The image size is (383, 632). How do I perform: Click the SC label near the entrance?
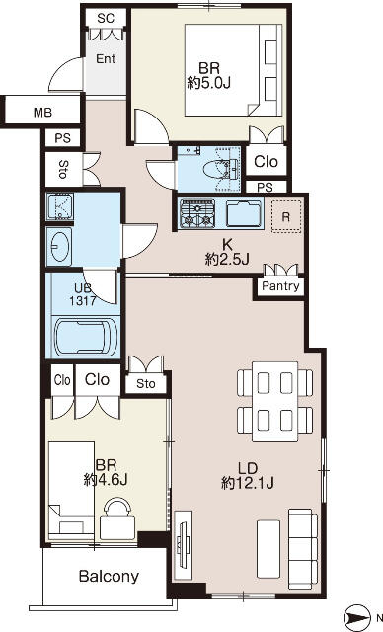click(x=106, y=19)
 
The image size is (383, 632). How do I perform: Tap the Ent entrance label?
click(x=106, y=58)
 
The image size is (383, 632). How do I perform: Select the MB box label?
click(x=42, y=112)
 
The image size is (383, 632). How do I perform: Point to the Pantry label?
click(x=281, y=286)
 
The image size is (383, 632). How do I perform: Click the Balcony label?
click(x=109, y=577)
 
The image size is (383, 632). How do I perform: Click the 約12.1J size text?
click(x=247, y=483)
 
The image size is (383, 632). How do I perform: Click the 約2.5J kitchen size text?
click(x=227, y=259)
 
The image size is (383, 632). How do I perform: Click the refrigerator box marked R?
click(x=285, y=215)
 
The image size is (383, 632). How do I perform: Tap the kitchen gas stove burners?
click(x=198, y=212)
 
